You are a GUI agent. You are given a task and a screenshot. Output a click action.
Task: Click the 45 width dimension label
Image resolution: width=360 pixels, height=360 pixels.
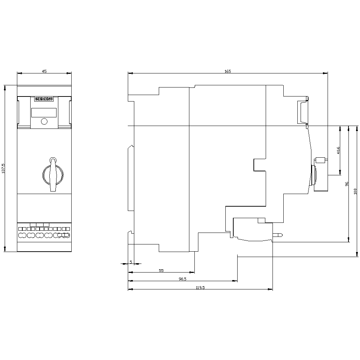pos(44,71)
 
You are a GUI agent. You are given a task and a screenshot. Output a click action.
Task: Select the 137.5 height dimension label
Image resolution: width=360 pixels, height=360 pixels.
pos(3,168)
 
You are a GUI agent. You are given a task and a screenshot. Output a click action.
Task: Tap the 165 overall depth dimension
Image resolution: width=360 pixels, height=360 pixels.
pos(228,71)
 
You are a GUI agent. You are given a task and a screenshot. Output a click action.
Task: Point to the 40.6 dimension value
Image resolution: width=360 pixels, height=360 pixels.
pos(338,150)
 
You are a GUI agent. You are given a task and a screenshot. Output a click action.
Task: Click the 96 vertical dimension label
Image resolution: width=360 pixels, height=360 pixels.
pos(347,184)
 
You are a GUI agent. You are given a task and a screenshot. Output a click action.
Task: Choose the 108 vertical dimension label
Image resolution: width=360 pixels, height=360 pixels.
pos(355,191)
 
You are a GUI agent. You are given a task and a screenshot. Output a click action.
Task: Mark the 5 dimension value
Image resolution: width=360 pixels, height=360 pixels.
pos(131,262)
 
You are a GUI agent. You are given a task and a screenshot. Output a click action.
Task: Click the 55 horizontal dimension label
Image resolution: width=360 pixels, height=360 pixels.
pos(161,270)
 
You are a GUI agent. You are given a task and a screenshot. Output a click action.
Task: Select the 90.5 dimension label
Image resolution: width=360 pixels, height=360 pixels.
pos(183,279)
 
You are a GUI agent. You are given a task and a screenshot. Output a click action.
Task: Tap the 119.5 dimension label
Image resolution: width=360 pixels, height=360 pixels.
pos(200,287)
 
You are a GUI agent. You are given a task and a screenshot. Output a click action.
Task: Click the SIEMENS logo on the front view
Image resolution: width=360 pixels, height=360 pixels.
pos(44,99)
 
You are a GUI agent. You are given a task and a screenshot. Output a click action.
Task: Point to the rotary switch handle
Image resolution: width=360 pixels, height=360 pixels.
pos(53,175)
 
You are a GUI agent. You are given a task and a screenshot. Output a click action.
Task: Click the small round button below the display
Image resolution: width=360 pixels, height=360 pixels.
pos(44,121)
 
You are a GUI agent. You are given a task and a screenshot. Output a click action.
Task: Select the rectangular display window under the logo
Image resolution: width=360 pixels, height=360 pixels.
pos(44,112)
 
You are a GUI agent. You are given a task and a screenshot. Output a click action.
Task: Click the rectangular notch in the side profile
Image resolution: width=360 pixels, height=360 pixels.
pos(260,165)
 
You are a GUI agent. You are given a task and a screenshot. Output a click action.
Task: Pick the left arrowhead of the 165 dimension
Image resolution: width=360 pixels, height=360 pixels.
pos(130,73)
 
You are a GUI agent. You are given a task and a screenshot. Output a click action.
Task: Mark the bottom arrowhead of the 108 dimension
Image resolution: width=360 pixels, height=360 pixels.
pos(357,254)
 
